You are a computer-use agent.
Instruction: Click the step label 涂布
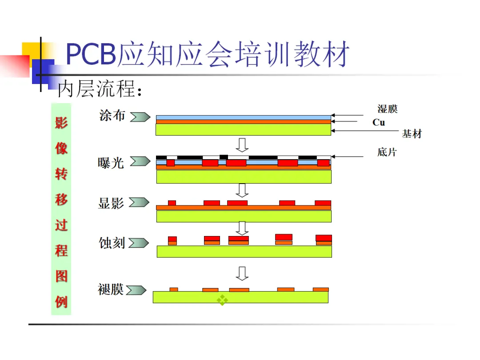tap(112, 116)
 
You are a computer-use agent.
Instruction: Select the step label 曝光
tap(111, 162)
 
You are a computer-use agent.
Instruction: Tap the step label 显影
tap(111, 203)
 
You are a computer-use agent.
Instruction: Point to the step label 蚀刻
tap(112, 243)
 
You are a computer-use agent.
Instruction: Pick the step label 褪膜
tap(111, 290)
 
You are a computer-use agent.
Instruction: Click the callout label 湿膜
tap(387, 109)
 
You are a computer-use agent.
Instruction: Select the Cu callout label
tap(379, 122)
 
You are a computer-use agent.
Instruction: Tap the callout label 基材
tap(412, 134)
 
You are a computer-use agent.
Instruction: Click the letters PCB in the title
tap(91, 55)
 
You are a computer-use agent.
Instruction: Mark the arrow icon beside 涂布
tap(140, 117)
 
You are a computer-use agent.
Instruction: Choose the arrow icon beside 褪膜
tap(136, 290)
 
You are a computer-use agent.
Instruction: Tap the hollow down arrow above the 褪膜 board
tap(242, 273)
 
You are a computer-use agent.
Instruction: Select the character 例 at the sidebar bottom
tap(61, 302)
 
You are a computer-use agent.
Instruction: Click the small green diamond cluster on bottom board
tap(222, 300)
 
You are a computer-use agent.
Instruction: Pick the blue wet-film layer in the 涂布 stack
tap(243, 117)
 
